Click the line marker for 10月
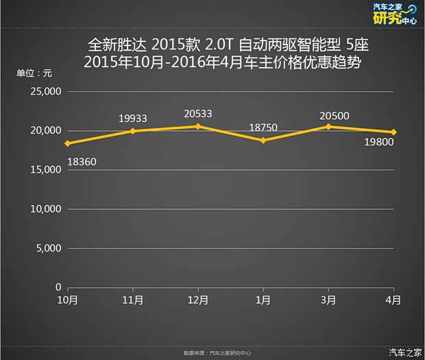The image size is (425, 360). tap(67, 143)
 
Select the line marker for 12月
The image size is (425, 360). tap(198, 126)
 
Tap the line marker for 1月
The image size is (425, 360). tap(263, 140)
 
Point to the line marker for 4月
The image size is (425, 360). tap(394, 132)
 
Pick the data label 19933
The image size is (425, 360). tap(133, 119)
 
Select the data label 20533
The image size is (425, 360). tap(198, 114)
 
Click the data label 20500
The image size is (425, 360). tap(334, 116)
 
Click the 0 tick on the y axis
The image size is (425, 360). tap(58, 287)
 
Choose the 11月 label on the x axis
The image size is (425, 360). tap(133, 300)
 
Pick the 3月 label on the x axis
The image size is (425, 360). tap(329, 300)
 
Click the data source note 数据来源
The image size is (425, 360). tap(217, 353)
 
